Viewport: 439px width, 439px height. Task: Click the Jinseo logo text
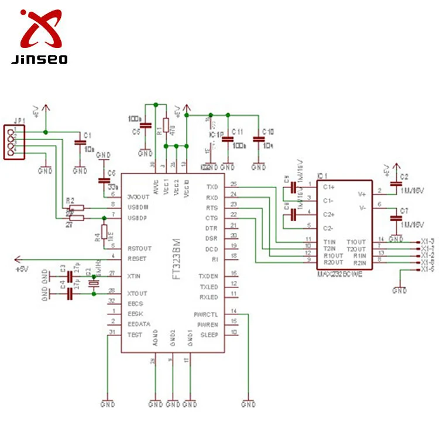point(39,59)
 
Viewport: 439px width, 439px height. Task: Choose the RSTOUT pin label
point(139,248)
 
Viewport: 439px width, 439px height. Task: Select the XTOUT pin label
point(138,293)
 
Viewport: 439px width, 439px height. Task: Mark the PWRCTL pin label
point(206,314)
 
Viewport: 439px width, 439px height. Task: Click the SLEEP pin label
point(209,335)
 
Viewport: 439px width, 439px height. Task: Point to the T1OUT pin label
point(356,241)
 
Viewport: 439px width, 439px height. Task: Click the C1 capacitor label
point(88,135)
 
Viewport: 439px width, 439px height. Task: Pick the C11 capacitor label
point(238,132)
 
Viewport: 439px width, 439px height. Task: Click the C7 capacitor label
point(404,210)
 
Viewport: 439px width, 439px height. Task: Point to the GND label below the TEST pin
point(108,404)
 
